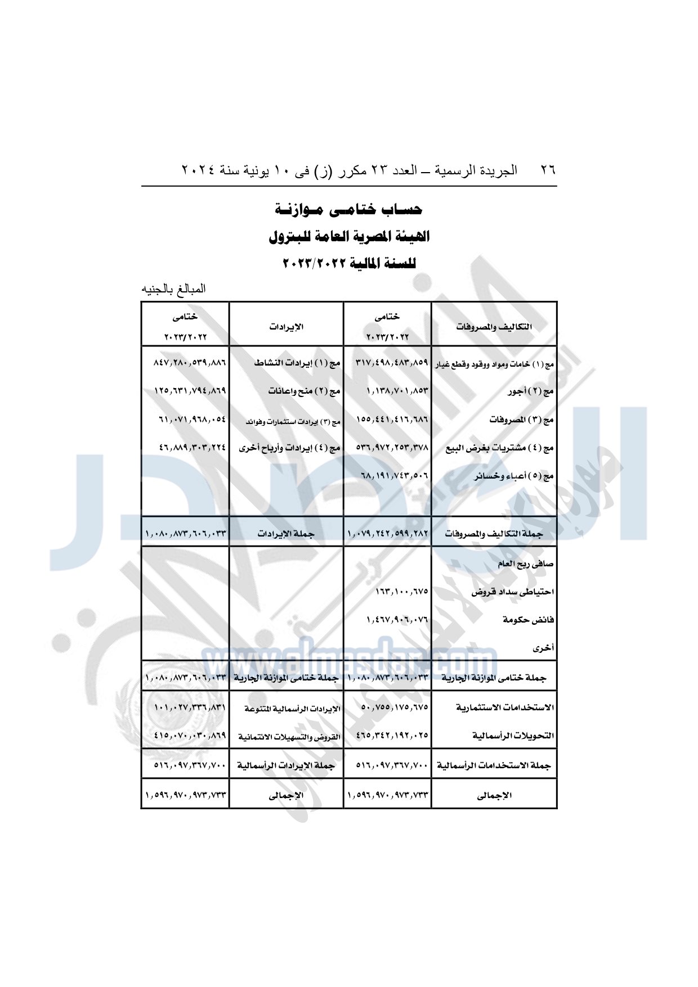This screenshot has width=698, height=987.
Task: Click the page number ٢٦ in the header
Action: click(x=548, y=170)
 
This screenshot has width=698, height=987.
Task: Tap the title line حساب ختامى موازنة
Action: click(x=348, y=210)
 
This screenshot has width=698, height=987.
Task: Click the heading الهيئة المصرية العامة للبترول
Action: click(x=349, y=237)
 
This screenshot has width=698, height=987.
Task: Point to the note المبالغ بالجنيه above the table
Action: click(x=173, y=289)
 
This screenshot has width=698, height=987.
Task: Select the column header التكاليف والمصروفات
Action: click(x=494, y=327)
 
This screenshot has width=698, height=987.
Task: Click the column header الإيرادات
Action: click(x=286, y=327)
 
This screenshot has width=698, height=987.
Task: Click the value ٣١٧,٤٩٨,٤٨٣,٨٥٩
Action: click(x=392, y=363)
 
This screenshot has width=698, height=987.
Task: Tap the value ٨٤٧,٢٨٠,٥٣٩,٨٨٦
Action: click(x=190, y=363)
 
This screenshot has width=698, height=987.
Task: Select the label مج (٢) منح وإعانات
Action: click(x=304, y=391)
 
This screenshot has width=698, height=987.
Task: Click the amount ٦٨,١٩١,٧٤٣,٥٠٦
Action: click(x=394, y=476)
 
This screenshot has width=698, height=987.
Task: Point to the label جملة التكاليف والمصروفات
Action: click(x=494, y=534)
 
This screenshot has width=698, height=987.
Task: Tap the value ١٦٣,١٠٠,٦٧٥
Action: click(x=401, y=592)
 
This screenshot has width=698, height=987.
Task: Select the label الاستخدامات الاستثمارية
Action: click(x=505, y=707)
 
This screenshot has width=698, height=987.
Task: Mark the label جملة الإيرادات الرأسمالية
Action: click(x=285, y=765)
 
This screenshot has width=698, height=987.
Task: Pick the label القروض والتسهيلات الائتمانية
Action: click(x=289, y=737)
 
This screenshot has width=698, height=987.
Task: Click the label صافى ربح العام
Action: click(x=525, y=564)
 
